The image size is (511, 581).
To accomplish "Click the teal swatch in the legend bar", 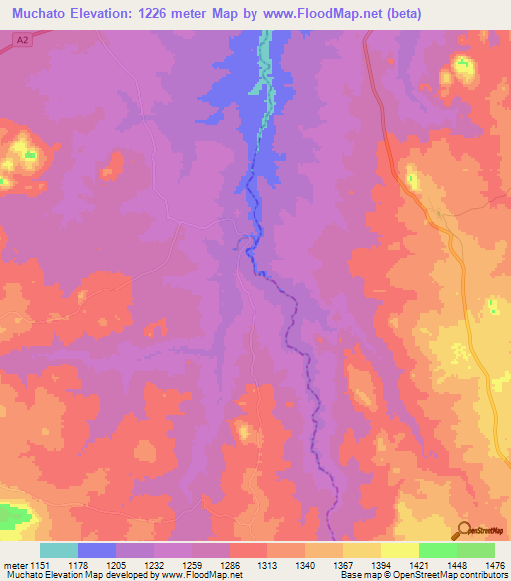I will tap(58, 550).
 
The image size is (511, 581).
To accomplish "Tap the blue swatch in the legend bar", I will tap(96, 550).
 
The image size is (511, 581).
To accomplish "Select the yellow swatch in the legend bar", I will tap(399, 550).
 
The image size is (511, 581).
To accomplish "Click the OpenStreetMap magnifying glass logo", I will tap(463, 530).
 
